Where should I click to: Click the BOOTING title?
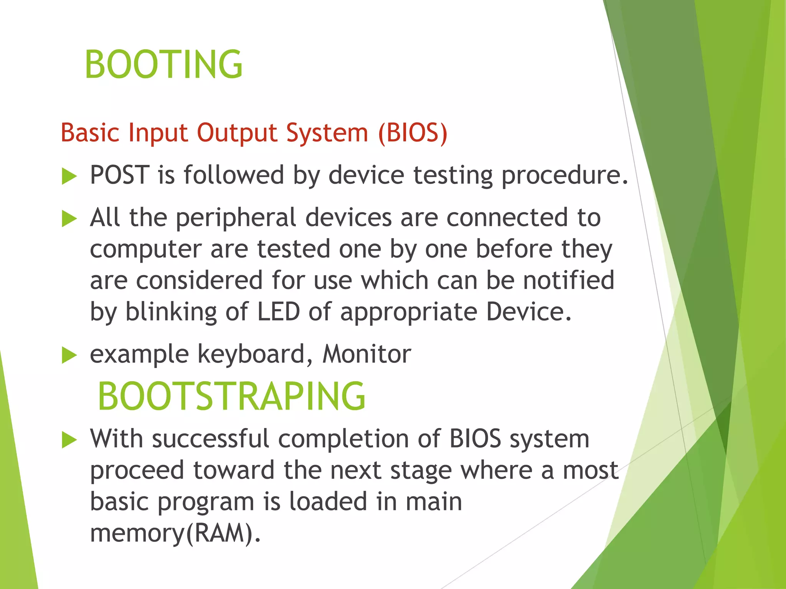[x=163, y=64]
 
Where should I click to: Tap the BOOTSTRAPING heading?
[x=232, y=397]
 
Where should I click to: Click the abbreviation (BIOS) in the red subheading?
[x=413, y=133]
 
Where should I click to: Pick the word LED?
[x=278, y=311]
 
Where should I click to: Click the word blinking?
[x=171, y=312]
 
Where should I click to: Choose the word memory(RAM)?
[x=175, y=534]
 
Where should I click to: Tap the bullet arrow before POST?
[x=69, y=177]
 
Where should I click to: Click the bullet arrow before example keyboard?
[x=69, y=355]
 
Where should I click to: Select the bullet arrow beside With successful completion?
[x=69, y=440]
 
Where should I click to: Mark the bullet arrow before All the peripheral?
[x=69, y=219]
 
